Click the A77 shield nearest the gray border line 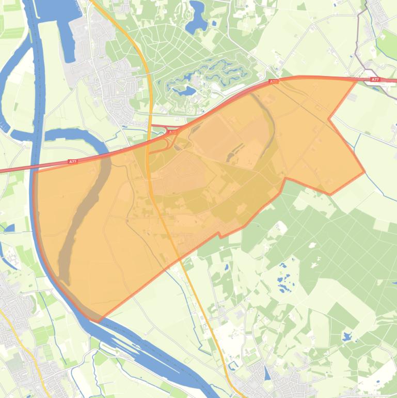375,80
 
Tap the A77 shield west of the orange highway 73,162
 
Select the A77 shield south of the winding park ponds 274,82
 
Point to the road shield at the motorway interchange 171,132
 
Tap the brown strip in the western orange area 83,217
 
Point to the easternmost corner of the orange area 364,172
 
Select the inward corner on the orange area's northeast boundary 329,119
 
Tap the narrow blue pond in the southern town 266,373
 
